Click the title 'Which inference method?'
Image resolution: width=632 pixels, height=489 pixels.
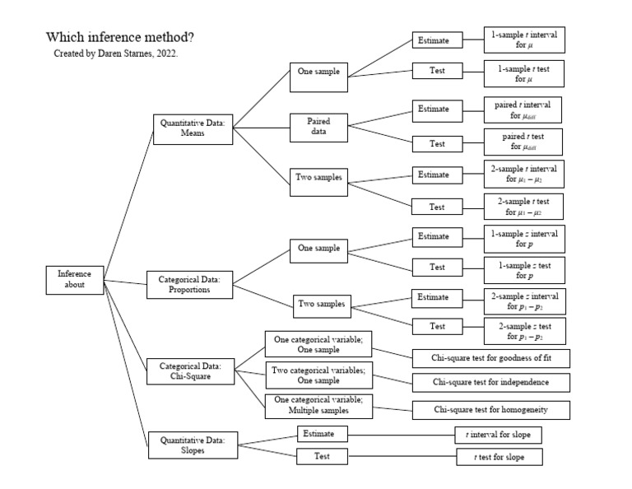click(120, 37)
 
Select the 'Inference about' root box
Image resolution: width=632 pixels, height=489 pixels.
click(75, 280)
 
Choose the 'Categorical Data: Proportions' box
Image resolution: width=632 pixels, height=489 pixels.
click(189, 285)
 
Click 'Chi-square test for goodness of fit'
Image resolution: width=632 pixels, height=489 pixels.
click(490, 358)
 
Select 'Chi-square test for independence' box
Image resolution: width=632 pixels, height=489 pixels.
click(490, 383)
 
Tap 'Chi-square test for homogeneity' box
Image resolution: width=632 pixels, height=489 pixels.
click(490, 409)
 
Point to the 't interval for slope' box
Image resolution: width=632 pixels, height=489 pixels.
click(499, 435)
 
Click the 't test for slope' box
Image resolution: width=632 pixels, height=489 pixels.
click(499, 457)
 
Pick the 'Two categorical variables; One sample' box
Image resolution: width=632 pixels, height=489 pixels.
click(318, 375)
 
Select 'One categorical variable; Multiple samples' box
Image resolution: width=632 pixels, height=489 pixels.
click(318, 404)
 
